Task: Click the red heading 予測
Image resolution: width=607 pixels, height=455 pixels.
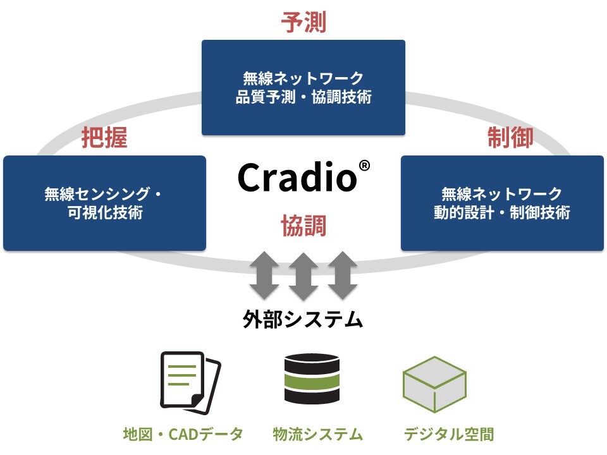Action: point(303,22)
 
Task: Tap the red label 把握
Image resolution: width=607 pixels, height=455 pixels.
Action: point(104,138)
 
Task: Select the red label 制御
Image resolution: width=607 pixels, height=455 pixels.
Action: point(510,137)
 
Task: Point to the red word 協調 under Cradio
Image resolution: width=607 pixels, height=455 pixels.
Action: point(303,226)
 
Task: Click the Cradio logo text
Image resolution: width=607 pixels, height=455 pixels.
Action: point(297,178)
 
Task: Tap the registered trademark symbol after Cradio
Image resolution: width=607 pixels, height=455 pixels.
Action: point(364,166)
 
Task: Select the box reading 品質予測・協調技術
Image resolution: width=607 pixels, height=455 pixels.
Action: point(303,88)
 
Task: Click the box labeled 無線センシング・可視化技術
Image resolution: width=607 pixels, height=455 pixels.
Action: point(104,203)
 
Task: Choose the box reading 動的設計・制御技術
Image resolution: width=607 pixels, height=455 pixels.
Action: point(502,203)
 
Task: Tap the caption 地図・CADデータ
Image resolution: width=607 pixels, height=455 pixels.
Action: point(183,434)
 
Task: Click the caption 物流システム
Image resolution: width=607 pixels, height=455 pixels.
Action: point(318,434)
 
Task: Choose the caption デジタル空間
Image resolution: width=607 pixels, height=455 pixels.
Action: point(448,434)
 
